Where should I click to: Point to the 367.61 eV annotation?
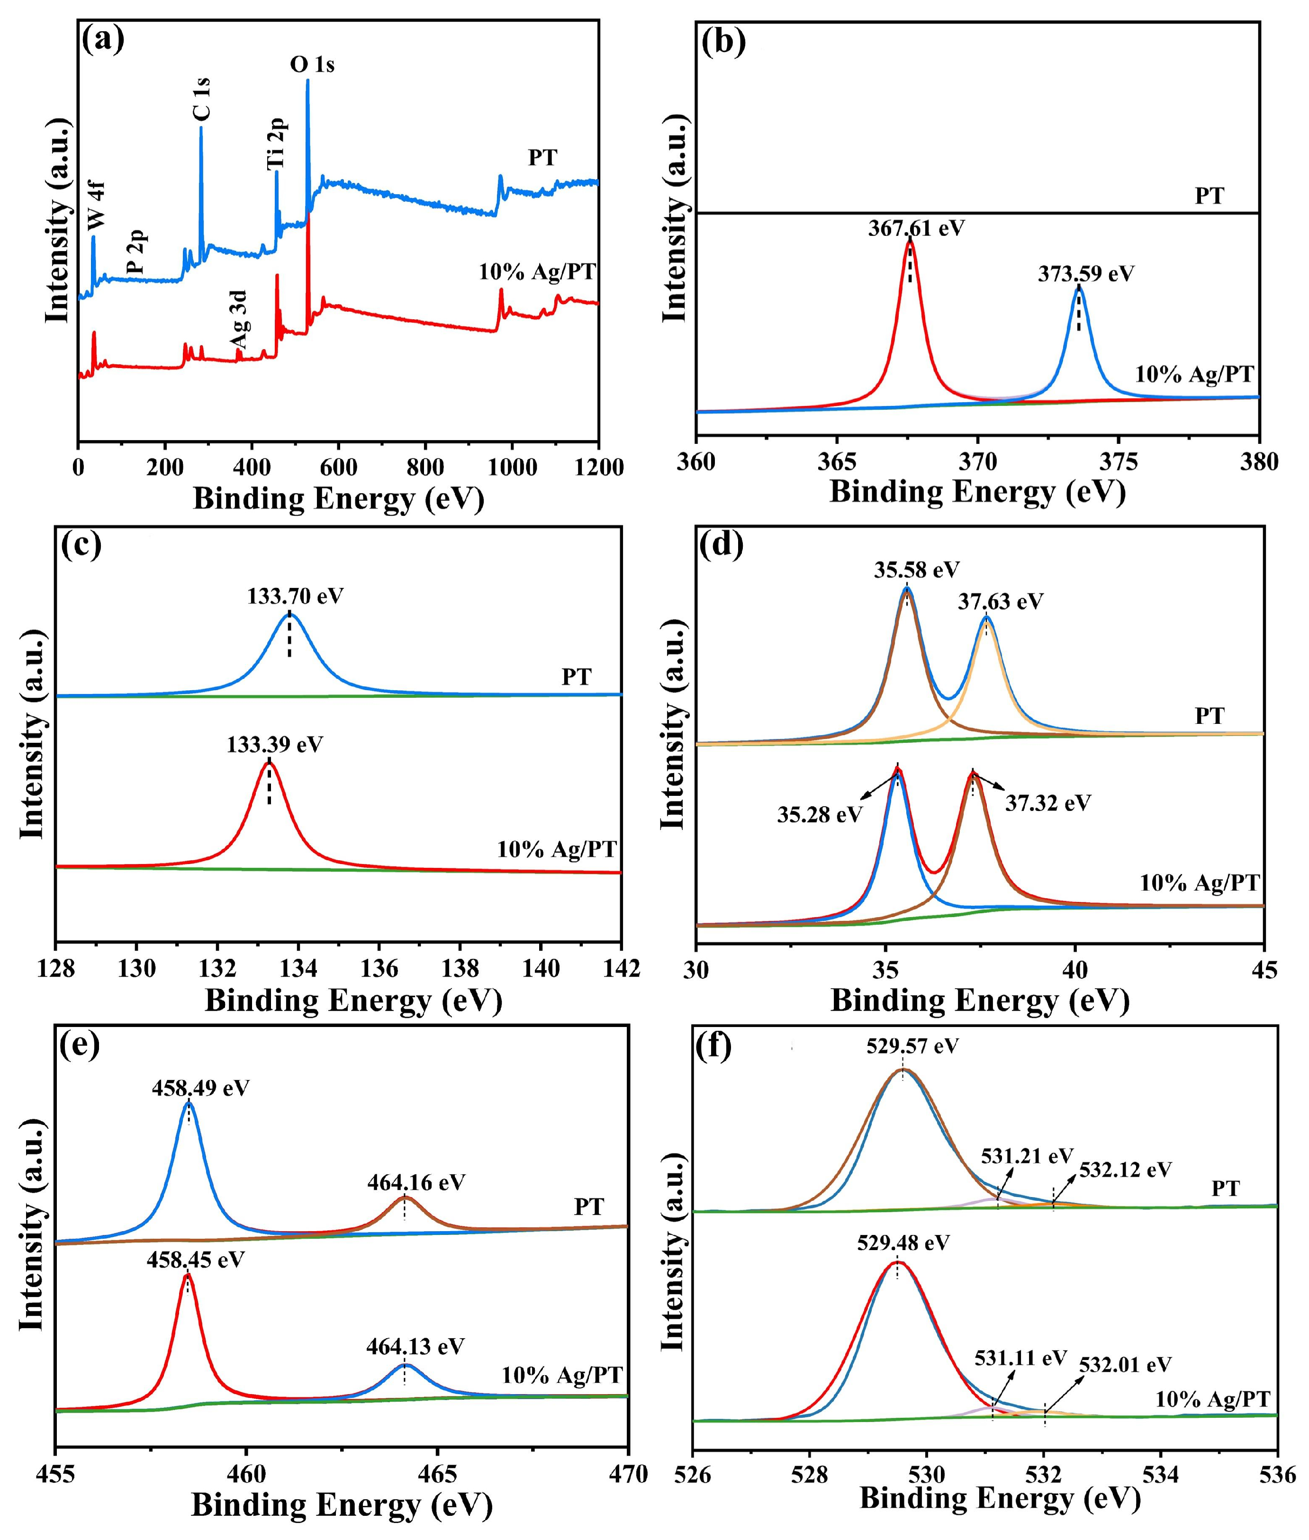[x=916, y=228]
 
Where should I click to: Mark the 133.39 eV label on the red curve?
[x=275, y=744]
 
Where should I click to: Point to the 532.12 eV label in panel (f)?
[x=1125, y=1170]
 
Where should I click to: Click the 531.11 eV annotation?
[x=1020, y=1358]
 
